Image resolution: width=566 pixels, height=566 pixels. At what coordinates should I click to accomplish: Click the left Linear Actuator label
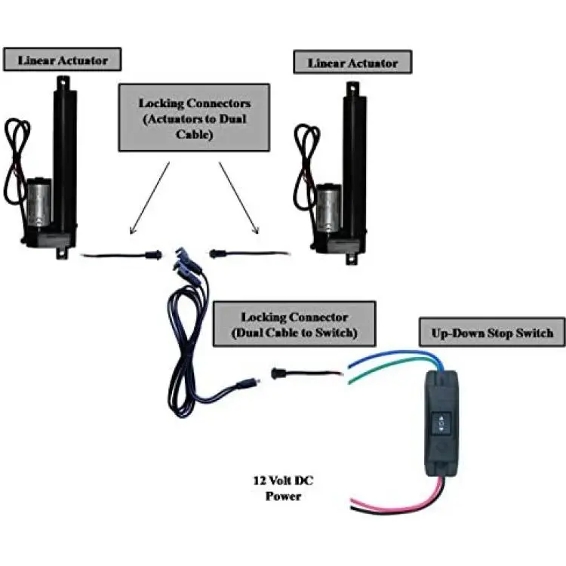(x=61, y=60)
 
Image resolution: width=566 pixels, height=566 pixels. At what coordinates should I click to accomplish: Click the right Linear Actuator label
(x=352, y=62)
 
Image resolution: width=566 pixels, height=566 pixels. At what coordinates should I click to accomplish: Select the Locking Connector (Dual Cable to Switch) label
(x=294, y=325)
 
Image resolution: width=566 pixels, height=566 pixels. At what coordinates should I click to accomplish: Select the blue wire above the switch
(x=385, y=354)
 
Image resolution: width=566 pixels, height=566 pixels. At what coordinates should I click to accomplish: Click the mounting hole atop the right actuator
(x=351, y=88)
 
